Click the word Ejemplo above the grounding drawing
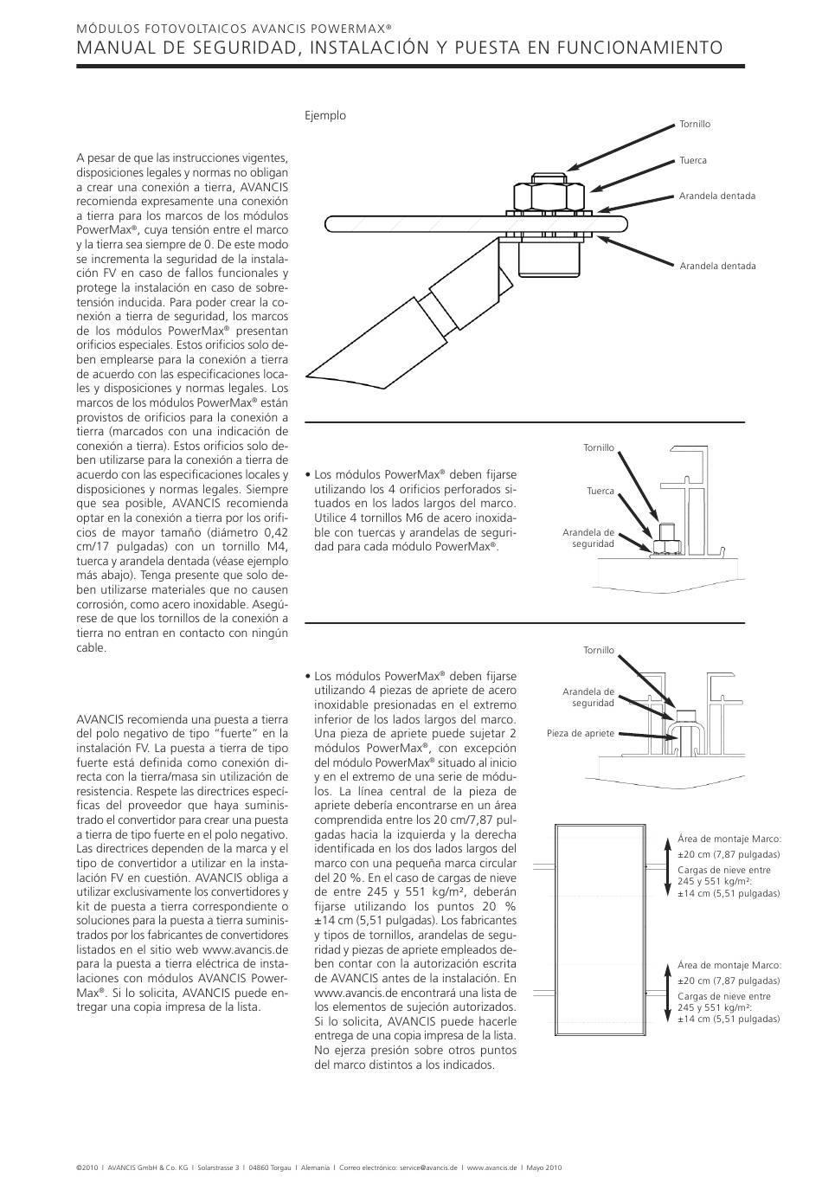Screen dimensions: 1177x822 [325, 115]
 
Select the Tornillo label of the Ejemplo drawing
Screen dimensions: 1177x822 [695, 124]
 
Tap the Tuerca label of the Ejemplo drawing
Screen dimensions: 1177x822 [693, 160]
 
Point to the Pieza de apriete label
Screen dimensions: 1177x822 [581, 733]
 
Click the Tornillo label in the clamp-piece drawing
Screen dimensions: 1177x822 [599, 650]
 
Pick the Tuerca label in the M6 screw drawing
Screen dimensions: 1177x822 [600, 491]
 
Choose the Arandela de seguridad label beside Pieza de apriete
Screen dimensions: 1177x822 [588, 698]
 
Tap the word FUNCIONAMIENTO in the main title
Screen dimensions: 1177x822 [635, 47]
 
